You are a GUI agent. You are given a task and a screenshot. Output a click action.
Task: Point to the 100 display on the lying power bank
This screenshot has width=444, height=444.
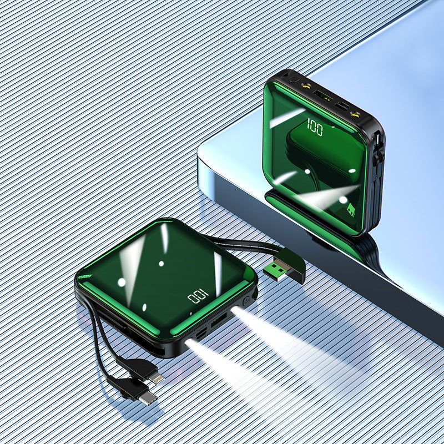click(x=198, y=296)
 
